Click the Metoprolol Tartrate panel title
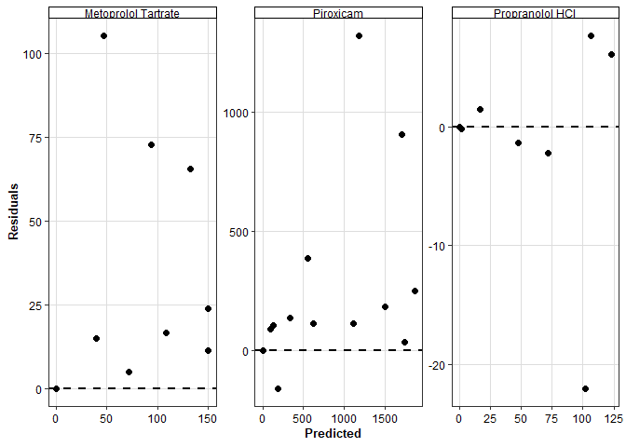[x=131, y=14]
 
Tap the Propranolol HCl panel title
[x=536, y=14]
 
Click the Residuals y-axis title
[x=14, y=211]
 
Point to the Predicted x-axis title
[x=333, y=433]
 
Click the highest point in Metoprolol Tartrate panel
[x=103, y=35]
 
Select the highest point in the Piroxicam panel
[x=359, y=35]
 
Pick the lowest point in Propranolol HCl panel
[x=585, y=389]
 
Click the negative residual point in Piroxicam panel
[x=278, y=388]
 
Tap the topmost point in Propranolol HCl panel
[x=591, y=35]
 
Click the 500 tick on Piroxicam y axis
[x=238, y=232]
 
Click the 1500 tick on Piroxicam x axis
[x=386, y=419]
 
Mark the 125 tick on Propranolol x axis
[x=612, y=419]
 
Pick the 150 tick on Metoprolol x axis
[x=209, y=419]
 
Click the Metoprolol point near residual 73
[x=151, y=144]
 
